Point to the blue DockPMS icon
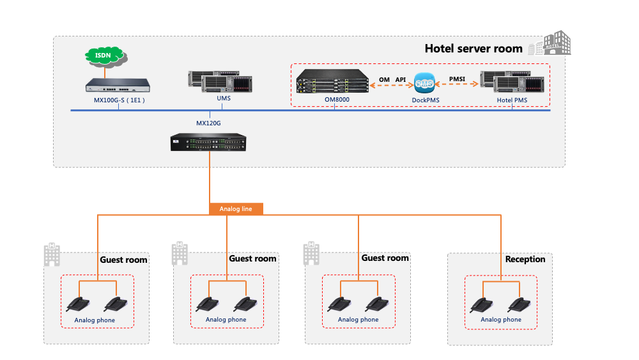[x=424, y=84]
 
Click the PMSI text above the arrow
[x=457, y=79]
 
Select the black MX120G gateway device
[x=208, y=142]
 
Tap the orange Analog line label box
[x=236, y=208]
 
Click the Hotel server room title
[x=473, y=48]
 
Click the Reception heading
[x=525, y=259]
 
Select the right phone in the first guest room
[x=116, y=304]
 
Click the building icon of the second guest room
[x=180, y=253]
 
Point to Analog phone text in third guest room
[x=358, y=320]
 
